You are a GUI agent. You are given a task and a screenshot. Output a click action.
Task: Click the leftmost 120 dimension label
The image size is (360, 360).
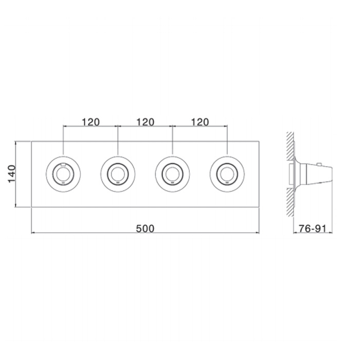(91, 122)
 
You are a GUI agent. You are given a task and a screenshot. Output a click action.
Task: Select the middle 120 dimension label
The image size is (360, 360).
(146, 122)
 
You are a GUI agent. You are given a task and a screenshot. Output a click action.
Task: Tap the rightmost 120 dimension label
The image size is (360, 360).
(200, 122)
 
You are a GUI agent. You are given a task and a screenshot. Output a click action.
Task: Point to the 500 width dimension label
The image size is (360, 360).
(145, 229)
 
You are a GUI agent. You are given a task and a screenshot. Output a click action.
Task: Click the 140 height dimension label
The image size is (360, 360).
(12, 174)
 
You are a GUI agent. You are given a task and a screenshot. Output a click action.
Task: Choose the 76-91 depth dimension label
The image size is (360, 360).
(313, 229)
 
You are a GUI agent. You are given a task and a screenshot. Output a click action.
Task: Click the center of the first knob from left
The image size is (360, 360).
(63, 174)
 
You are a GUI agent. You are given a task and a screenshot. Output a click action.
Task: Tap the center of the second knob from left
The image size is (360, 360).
(118, 174)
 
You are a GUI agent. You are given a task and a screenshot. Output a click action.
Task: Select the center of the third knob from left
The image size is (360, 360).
(172, 174)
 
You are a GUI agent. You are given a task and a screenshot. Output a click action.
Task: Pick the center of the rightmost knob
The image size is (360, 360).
(227, 174)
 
